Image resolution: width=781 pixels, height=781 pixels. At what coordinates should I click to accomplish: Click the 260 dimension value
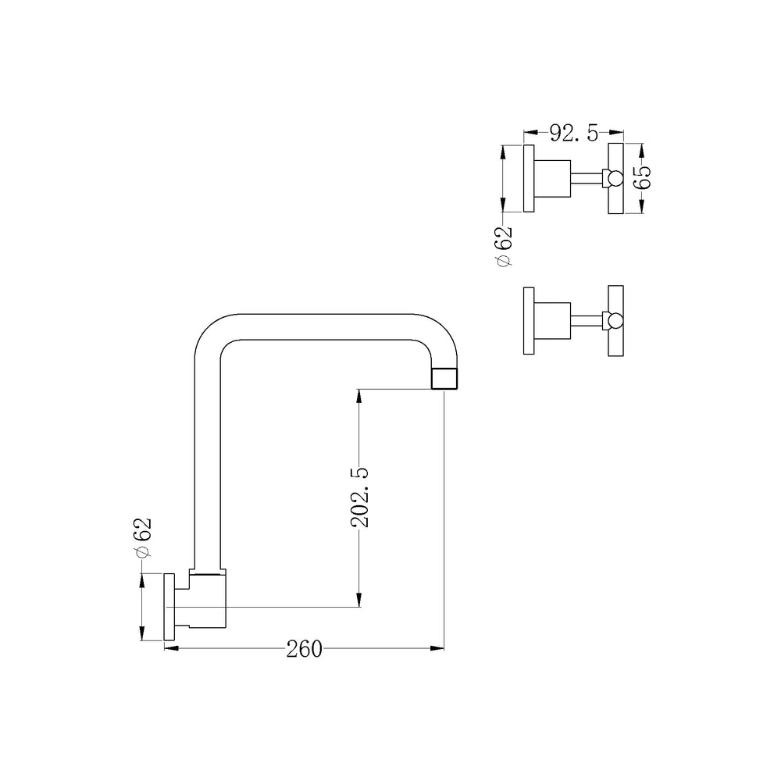(305, 649)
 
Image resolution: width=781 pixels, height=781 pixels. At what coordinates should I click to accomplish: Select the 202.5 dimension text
(359, 497)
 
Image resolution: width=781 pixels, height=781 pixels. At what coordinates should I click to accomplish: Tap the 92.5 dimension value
(574, 134)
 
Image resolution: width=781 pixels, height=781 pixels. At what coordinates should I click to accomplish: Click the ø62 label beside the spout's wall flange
(143, 537)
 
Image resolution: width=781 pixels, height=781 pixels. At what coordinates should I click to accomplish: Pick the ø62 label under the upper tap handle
(504, 246)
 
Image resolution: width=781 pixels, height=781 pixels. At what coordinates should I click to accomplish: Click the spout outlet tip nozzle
(444, 379)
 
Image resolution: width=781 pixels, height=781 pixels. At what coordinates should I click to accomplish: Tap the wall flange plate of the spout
(169, 607)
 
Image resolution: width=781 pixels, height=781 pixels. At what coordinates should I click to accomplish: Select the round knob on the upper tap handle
(615, 178)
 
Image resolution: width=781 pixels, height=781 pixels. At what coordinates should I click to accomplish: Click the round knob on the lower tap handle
(615, 321)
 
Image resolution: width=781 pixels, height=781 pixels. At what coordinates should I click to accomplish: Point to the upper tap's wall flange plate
(529, 178)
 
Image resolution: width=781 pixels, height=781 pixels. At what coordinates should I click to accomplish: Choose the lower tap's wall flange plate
(529, 321)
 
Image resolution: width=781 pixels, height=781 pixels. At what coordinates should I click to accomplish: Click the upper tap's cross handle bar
(615, 178)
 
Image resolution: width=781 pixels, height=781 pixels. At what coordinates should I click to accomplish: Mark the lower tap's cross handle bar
(615, 321)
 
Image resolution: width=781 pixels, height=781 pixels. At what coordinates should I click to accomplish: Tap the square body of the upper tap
(552, 179)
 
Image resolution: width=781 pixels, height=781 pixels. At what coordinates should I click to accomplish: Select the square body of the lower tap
(552, 321)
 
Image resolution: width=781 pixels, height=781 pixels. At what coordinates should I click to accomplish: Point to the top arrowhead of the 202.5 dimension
(359, 397)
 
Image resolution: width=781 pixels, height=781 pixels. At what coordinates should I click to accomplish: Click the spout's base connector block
(207, 599)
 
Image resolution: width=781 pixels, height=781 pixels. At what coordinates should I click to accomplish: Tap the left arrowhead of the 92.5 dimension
(530, 133)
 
